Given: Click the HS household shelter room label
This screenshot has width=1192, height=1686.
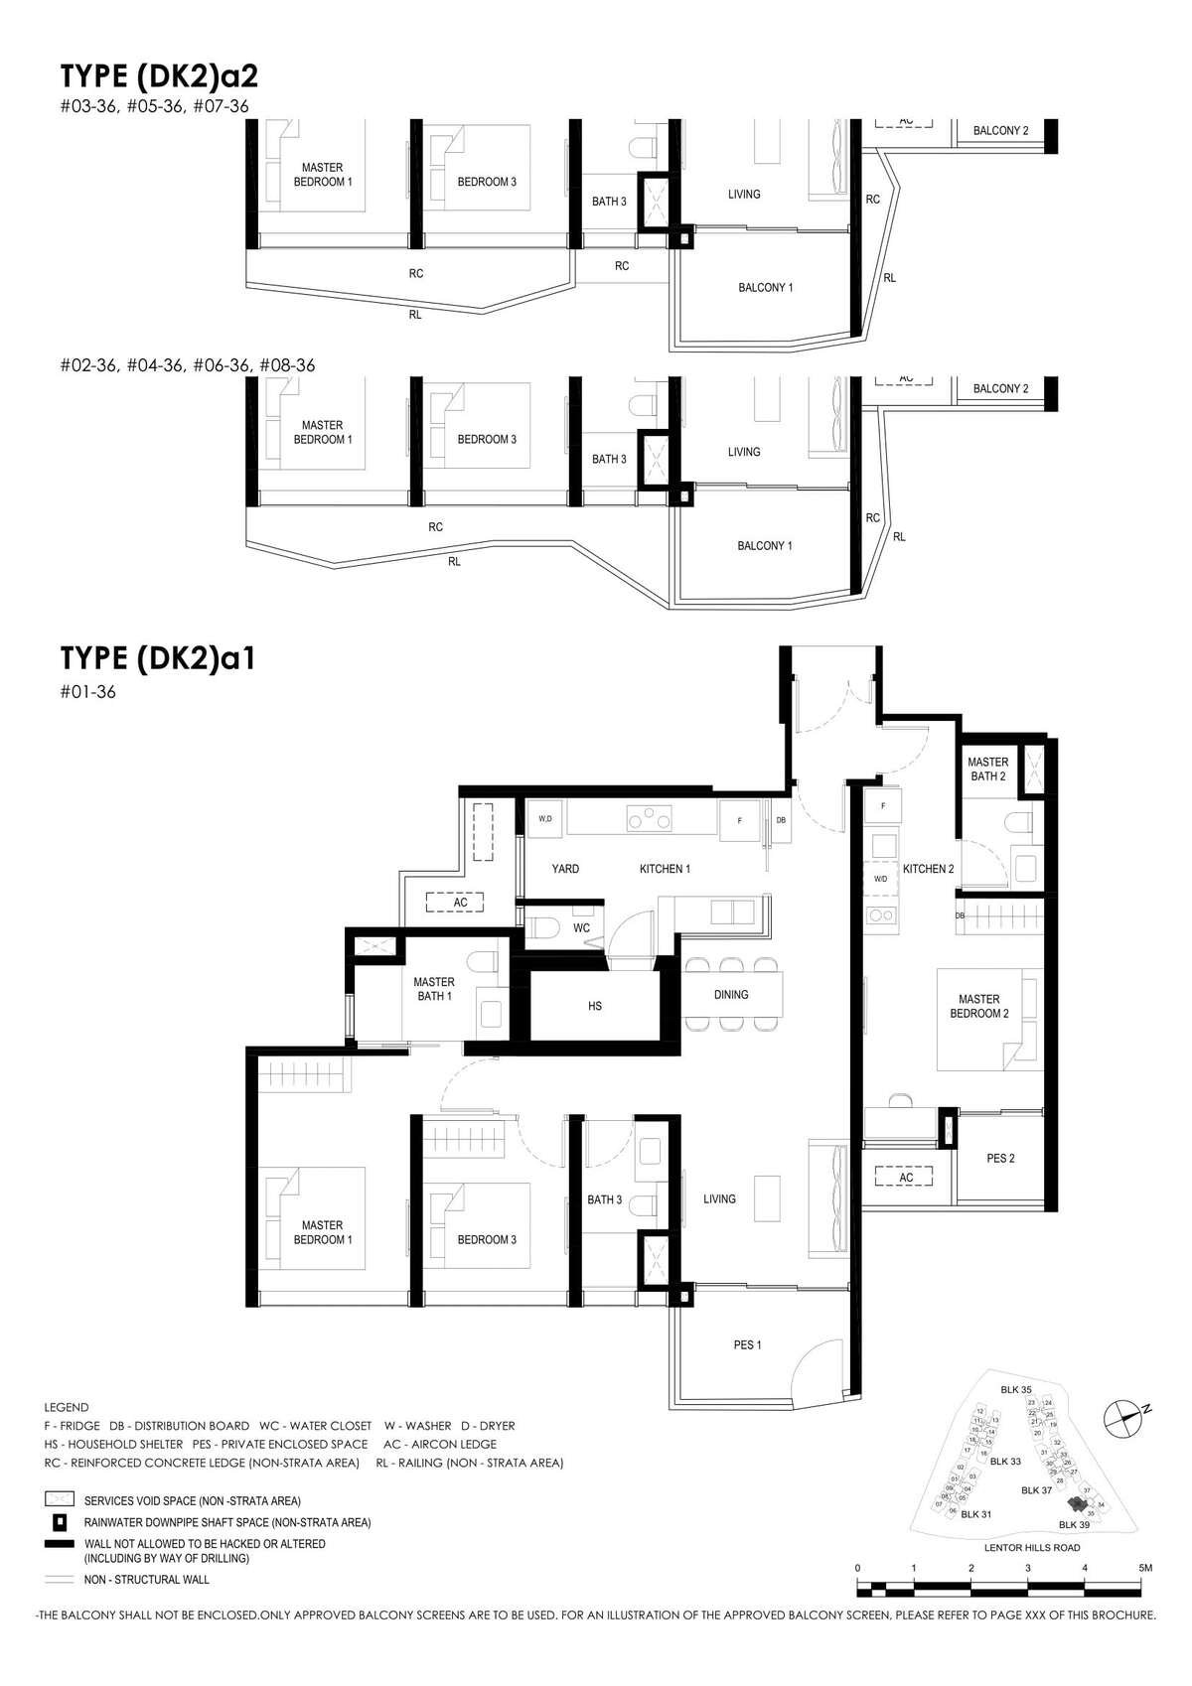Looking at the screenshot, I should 595,1006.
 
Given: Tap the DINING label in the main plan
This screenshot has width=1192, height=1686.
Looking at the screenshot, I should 731,994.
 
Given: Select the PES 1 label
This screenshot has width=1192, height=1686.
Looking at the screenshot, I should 747,1344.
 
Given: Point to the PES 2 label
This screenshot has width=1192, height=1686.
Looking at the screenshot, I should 1000,1158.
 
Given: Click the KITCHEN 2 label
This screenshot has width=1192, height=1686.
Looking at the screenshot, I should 928,869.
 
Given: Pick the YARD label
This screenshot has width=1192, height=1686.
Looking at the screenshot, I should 565,869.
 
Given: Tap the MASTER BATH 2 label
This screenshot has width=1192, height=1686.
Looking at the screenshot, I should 987,770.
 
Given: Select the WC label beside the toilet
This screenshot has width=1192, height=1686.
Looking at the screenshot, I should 582,928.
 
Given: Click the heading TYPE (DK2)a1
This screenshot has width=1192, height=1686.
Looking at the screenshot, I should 158,658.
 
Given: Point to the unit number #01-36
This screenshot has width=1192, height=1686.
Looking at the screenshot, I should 87,692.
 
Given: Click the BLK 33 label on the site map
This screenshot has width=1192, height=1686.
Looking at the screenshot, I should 1004,1462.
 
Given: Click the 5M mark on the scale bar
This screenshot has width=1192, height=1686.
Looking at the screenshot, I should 1145,1568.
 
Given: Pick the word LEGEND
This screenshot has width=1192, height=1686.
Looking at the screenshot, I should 67,1407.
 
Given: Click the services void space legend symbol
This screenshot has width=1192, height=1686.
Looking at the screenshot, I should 60,1500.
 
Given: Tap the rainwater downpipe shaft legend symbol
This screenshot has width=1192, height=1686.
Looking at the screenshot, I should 60,1521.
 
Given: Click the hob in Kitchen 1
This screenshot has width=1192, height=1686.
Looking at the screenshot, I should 648,820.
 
